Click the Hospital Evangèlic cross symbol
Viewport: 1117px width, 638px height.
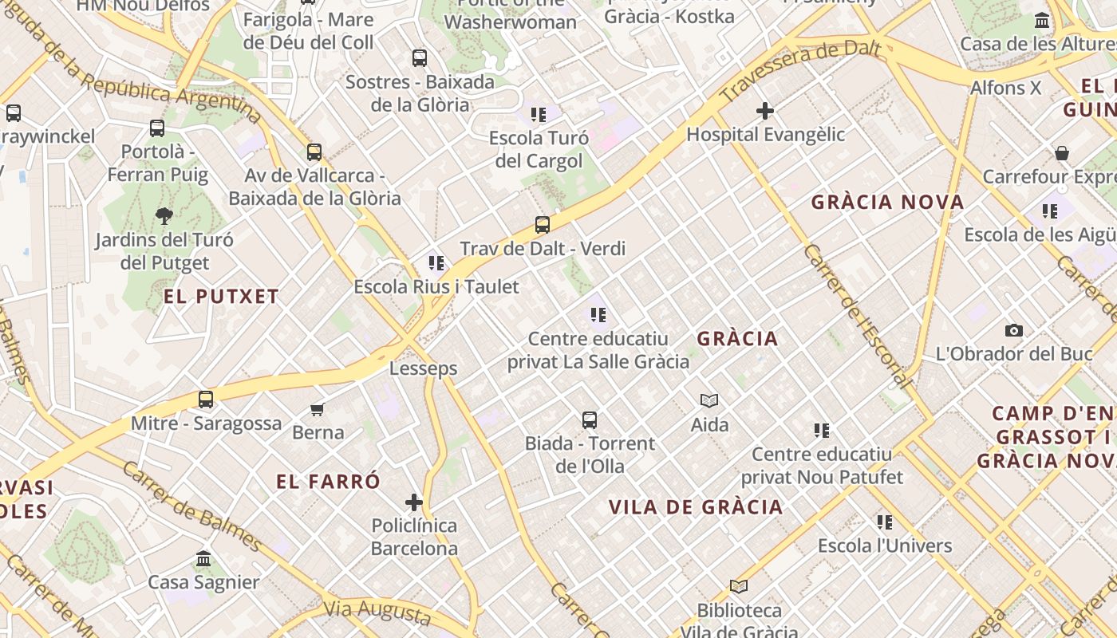pos(765,111)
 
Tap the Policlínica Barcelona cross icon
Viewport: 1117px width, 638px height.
pos(413,502)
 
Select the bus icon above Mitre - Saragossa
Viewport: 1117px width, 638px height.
pos(206,400)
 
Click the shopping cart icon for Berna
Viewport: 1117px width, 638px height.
pos(318,409)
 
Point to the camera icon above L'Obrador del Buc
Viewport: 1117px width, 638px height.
pos(1013,330)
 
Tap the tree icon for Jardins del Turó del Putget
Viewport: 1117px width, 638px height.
pos(164,215)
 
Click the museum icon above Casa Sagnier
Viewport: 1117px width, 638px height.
pos(203,558)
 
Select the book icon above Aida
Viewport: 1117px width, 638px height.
pos(709,400)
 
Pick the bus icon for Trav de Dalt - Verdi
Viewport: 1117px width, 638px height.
pos(543,225)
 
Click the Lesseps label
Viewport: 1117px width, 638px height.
pos(423,368)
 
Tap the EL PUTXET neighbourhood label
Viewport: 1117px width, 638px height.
pos(221,297)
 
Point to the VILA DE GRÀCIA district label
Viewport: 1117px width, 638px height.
pos(696,507)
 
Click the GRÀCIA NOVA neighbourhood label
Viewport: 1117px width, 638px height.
pos(887,203)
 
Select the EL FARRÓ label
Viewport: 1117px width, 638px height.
pos(328,482)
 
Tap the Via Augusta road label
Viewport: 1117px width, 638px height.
pos(377,611)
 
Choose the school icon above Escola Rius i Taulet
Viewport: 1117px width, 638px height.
pos(436,262)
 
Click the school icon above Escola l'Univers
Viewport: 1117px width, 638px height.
pos(885,522)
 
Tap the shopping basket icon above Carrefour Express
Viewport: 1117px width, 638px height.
pos(1062,153)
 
